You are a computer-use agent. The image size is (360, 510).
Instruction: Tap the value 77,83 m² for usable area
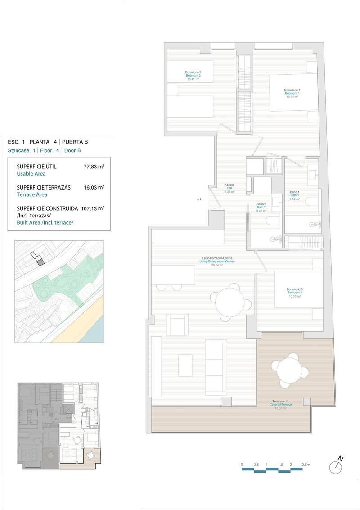click(x=94, y=167)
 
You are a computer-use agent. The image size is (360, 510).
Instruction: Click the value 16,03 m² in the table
click(x=94, y=187)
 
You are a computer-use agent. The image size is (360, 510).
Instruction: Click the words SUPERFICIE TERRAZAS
click(x=44, y=187)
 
